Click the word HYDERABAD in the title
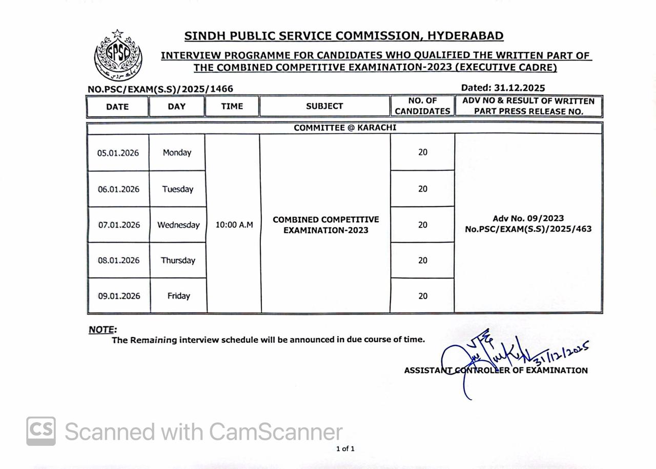click(465, 36)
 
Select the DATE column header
click(117, 107)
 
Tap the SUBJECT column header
click(324, 106)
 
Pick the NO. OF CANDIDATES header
click(422, 106)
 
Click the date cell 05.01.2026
click(118, 153)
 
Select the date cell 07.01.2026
click(119, 225)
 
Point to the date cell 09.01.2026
click(119, 296)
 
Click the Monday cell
click(177, 152)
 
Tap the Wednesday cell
click(178, 225)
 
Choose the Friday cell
click(178, 296)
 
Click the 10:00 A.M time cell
click(234, 225)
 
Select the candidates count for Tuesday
click(422, 189)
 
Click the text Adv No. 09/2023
click(528, 219)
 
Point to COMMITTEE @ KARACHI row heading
click(345, 128)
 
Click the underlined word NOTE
click(102, 330)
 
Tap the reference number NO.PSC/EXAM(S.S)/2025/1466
click(160, 89)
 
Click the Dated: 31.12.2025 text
click(503, 88)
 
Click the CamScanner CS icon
click(41, 431)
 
